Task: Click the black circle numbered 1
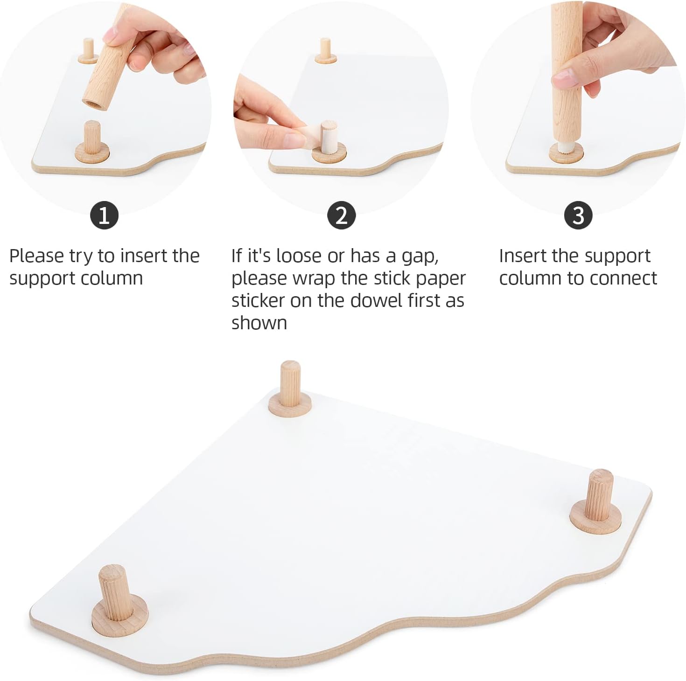(x=105, y=215)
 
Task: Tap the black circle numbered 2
(x=342, y=215)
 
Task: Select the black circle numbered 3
(x=579, y=215)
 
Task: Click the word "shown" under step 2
(x=259, y=323)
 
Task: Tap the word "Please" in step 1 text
(x=37, y=256)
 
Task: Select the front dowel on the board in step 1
(x=92, y=142)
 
